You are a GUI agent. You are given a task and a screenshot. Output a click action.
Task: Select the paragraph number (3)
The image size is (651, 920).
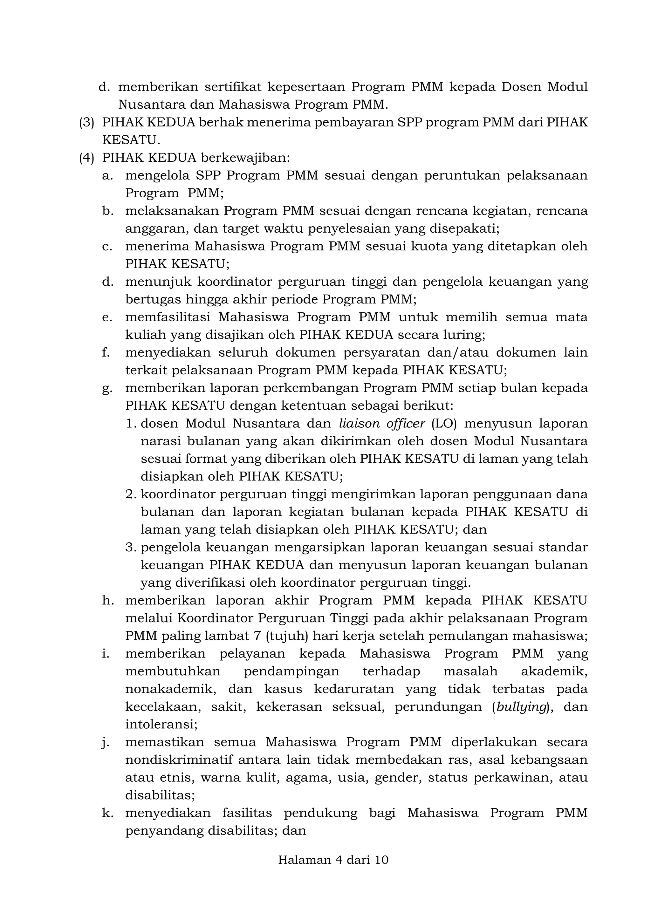[86, 122]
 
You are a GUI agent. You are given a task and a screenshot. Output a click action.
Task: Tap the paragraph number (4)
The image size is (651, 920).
[86, 158]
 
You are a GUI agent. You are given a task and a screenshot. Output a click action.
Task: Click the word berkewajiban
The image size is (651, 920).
[245, 158]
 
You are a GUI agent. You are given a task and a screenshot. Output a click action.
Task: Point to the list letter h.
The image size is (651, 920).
[107, 600]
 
